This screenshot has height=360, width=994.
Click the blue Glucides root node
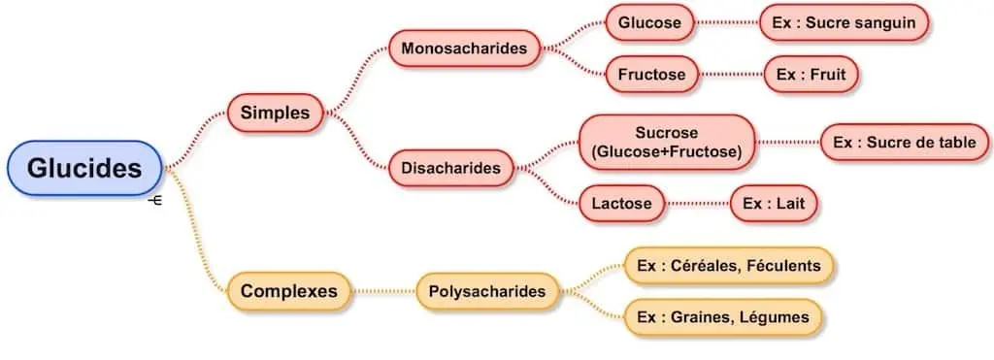[84, 169]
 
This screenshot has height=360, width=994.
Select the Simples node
[275, 114]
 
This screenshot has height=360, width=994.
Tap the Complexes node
[288, 290]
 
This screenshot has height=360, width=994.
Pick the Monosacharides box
[464, 48]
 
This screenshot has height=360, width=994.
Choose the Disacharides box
[450, 169]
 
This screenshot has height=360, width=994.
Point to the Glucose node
[649, 23]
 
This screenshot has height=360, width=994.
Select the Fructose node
[651, 74]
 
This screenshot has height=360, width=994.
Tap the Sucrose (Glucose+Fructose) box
[666, 142]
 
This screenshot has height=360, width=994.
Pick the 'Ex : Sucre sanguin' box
[844, 23]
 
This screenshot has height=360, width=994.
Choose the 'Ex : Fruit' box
[812, 74]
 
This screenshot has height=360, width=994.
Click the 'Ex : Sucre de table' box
[905, 143]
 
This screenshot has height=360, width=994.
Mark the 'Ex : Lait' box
[774, 204]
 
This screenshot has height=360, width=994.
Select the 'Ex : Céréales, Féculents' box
[728, 265]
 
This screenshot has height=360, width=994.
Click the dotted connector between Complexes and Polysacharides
[384, 290]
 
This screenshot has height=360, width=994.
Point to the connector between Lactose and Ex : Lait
[698, 204]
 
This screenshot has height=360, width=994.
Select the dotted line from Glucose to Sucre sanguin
[727, 23]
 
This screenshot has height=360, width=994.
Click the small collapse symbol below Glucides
[154, 202]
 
